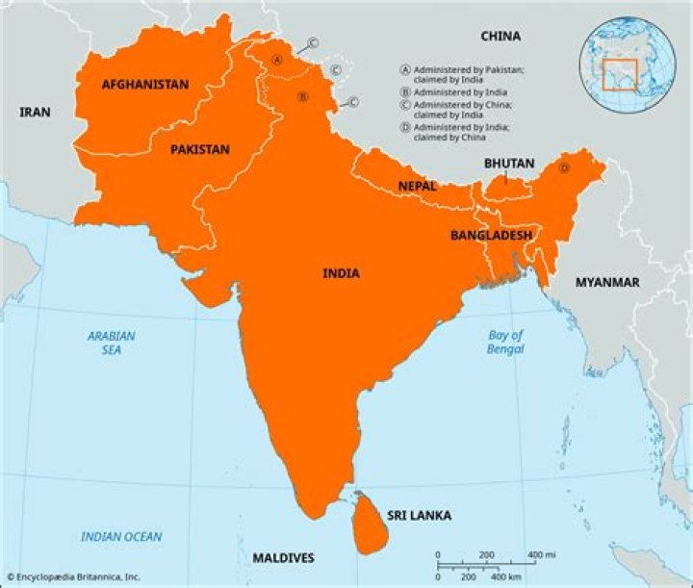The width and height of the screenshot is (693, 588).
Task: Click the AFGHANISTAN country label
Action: (x=144, y=85)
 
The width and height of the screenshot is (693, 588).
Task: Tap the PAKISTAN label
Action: (x=200, y=150)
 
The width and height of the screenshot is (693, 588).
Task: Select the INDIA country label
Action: (x=341, y=273)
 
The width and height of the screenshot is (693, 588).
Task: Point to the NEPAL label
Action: (x=417, y=186)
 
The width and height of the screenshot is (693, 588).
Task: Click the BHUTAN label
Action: (x=509, y=164)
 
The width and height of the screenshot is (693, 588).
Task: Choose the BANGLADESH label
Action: (x=491, y=235)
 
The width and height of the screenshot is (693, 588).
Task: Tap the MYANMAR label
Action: (x=607, y=282)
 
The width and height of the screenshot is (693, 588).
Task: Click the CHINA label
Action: (x=500, y=37)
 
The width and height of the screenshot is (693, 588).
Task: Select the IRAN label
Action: (x=35, y=113)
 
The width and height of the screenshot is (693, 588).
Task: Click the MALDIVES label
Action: (x=283, y=558)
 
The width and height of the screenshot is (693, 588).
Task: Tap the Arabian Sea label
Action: (x=112, y=344)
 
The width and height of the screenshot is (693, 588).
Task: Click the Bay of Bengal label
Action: (x=504, y=343)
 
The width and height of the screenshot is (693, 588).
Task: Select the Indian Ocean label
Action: (x=121, y=537)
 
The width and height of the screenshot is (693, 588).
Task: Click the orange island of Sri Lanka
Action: (x=367, y=524)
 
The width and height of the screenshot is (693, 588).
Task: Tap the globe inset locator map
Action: (x=628, y=64)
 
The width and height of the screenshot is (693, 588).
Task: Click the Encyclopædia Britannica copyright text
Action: (x=73, y=576)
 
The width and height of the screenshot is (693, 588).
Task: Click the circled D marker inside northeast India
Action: (x=564, y=167)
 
